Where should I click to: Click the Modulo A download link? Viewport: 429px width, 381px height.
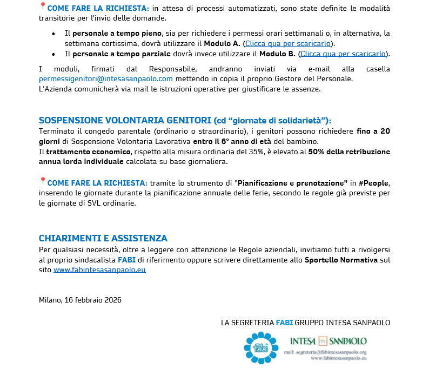[288, 43]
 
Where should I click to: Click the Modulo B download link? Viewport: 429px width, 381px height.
[343, 54]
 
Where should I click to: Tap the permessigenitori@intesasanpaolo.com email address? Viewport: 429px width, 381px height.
[106, 79]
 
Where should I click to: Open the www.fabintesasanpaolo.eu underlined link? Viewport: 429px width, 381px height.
[99, 270]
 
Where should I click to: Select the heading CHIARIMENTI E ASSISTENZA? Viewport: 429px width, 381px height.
[103, 238]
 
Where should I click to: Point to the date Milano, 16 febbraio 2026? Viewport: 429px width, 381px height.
[80, 300]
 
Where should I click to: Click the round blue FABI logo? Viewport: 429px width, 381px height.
[260, 347]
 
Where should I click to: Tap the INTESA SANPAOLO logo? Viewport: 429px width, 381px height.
[328, 341]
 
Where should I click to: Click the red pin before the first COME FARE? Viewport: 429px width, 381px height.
[43, 6]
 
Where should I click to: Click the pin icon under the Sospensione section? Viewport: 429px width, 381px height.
[43, 181]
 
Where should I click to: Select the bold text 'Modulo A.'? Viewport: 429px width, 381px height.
[222, 43]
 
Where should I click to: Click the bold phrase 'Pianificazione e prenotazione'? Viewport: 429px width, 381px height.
[292, 183]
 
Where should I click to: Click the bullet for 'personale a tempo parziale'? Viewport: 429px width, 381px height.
[53, 54]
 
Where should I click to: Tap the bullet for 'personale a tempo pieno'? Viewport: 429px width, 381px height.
[53, 34]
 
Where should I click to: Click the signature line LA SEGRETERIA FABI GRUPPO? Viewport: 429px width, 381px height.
[305, 323]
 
